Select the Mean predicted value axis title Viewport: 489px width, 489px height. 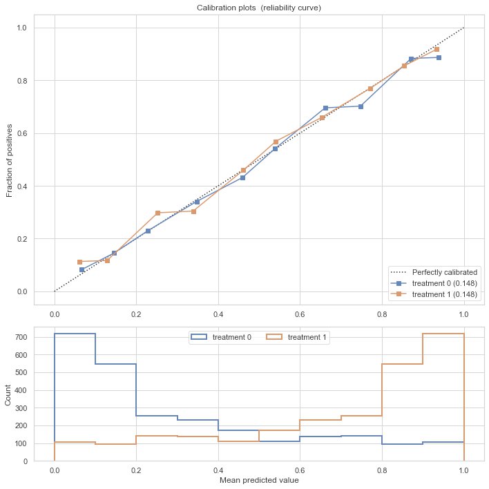(x=259, y=480)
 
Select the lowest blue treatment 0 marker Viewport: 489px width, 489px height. (x=82, y=269)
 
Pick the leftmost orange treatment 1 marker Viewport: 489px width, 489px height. (x=80, y=262)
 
